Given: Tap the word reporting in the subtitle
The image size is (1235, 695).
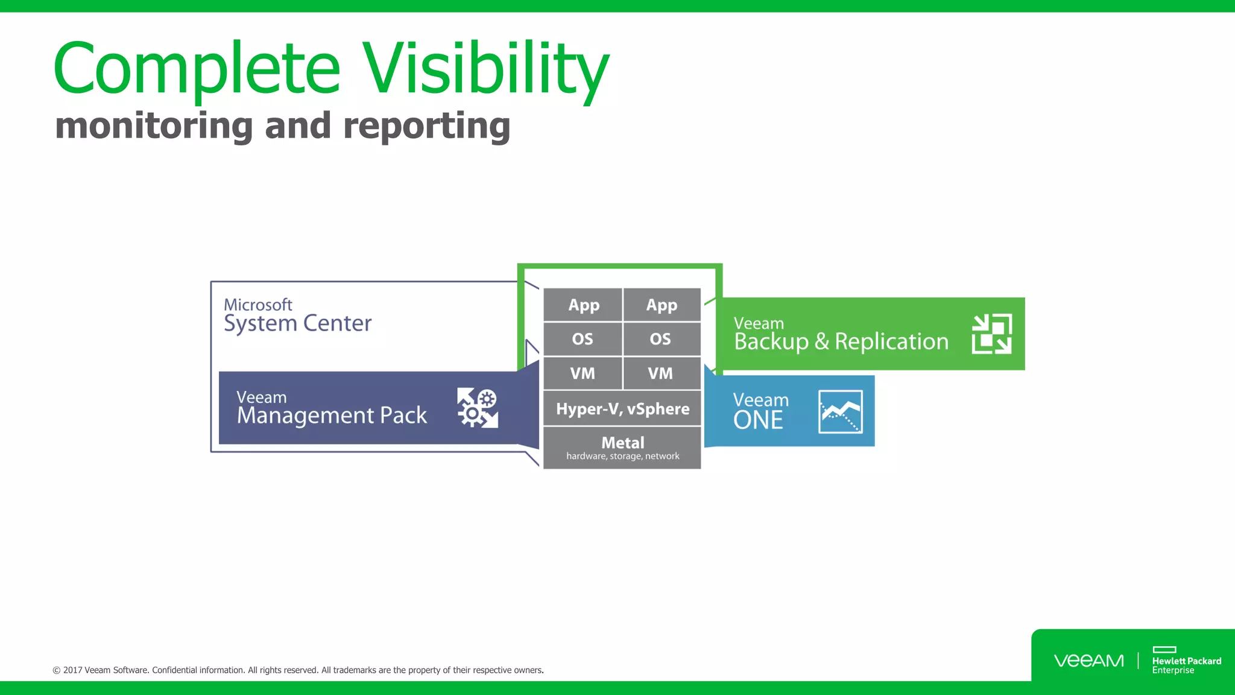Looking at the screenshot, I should pyautogui.click(x=426, y=126).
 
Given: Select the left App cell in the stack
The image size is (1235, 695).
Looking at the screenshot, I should pyautogui.click(x=583, y=305).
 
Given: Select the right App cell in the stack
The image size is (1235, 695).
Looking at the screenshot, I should pyautogui.click(x=662, y=305).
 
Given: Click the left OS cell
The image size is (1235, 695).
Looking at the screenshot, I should pyautogui.click(x=583, y=339).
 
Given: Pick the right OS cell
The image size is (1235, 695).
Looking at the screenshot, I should pyautogui.click(x=661, y=339).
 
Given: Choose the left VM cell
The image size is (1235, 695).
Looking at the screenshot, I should pyautogui.click(x=583, y=373).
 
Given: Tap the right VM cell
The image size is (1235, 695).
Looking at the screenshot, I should pyautogui.click(x=661, y=373).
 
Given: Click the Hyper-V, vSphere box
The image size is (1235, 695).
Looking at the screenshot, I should pyautogui.click(x=622, y=408).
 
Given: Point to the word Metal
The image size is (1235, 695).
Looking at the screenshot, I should pyautogui.click(x=622, y=442).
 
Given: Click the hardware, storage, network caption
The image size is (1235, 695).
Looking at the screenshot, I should pyautogui.click(x=622, y=457).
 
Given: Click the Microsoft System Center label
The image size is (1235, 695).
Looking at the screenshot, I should pyautogui.click(x=297, y=316).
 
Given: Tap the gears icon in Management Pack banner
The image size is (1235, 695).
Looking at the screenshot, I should pyautogui.click(x=478, y=408).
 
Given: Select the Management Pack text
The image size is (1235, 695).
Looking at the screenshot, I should pyautogui.click(x=332, y=415).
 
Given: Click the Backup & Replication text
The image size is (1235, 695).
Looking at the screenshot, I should pyautogui.click(x=841, y=341).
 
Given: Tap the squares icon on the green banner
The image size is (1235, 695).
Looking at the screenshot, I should pyautogui.click(x=991, y=334).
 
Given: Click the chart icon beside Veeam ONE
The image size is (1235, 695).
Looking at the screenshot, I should pyautogui.click(x=840, y=412).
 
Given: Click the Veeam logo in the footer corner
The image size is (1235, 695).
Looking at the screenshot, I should pyautogui.click(x=1088, y=661).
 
